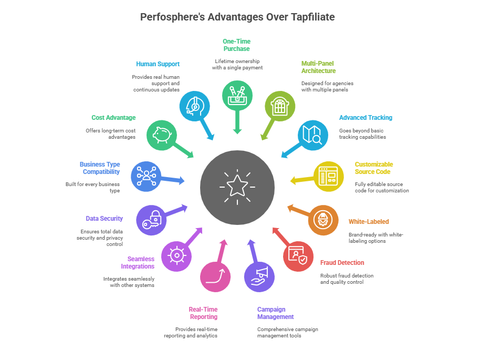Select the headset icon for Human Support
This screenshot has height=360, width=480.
[194, 106]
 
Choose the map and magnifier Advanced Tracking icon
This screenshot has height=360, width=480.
[313, 135]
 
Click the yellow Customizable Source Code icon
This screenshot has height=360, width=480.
[329, 177]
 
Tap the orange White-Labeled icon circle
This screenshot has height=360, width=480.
[323, 220]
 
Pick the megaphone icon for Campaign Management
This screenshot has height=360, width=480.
[259, 276]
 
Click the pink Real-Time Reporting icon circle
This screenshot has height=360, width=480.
[215, 276]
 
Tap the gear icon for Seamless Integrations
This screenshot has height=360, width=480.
[176, 256]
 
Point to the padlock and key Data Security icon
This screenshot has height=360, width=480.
[151, 220]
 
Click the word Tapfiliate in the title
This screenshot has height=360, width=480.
[311, 17]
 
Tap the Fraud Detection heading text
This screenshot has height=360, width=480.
[342, 263]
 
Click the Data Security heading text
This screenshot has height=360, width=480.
[105, 219]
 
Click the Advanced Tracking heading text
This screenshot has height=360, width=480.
[366, 118]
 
